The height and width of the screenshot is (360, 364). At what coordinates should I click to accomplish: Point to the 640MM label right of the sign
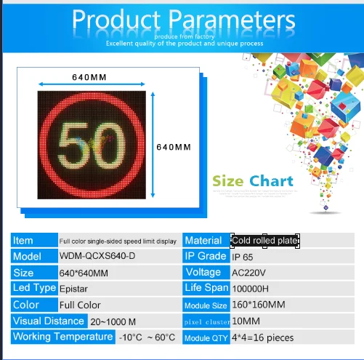click(174, 146)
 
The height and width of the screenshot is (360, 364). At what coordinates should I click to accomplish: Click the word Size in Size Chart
click(228, 181)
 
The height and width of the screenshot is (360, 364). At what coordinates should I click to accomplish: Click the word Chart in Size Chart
click(271, 181)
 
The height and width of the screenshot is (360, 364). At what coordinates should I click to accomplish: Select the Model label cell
click(33, 257)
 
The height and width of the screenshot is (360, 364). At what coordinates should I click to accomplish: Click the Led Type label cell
click(33, 288)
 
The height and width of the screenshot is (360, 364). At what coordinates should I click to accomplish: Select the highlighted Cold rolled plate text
click(265, 241)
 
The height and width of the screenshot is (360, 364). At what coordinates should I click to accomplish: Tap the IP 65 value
click(243, 257)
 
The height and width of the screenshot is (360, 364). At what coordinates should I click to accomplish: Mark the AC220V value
click(248, 273)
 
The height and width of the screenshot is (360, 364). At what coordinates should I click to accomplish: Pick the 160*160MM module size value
click(258, 305)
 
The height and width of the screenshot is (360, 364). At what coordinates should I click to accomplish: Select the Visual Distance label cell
click(48, 321)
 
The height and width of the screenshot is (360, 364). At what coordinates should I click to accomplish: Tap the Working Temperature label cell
click(62, 337)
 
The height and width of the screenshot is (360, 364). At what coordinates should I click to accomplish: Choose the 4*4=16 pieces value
click(262, 337)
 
